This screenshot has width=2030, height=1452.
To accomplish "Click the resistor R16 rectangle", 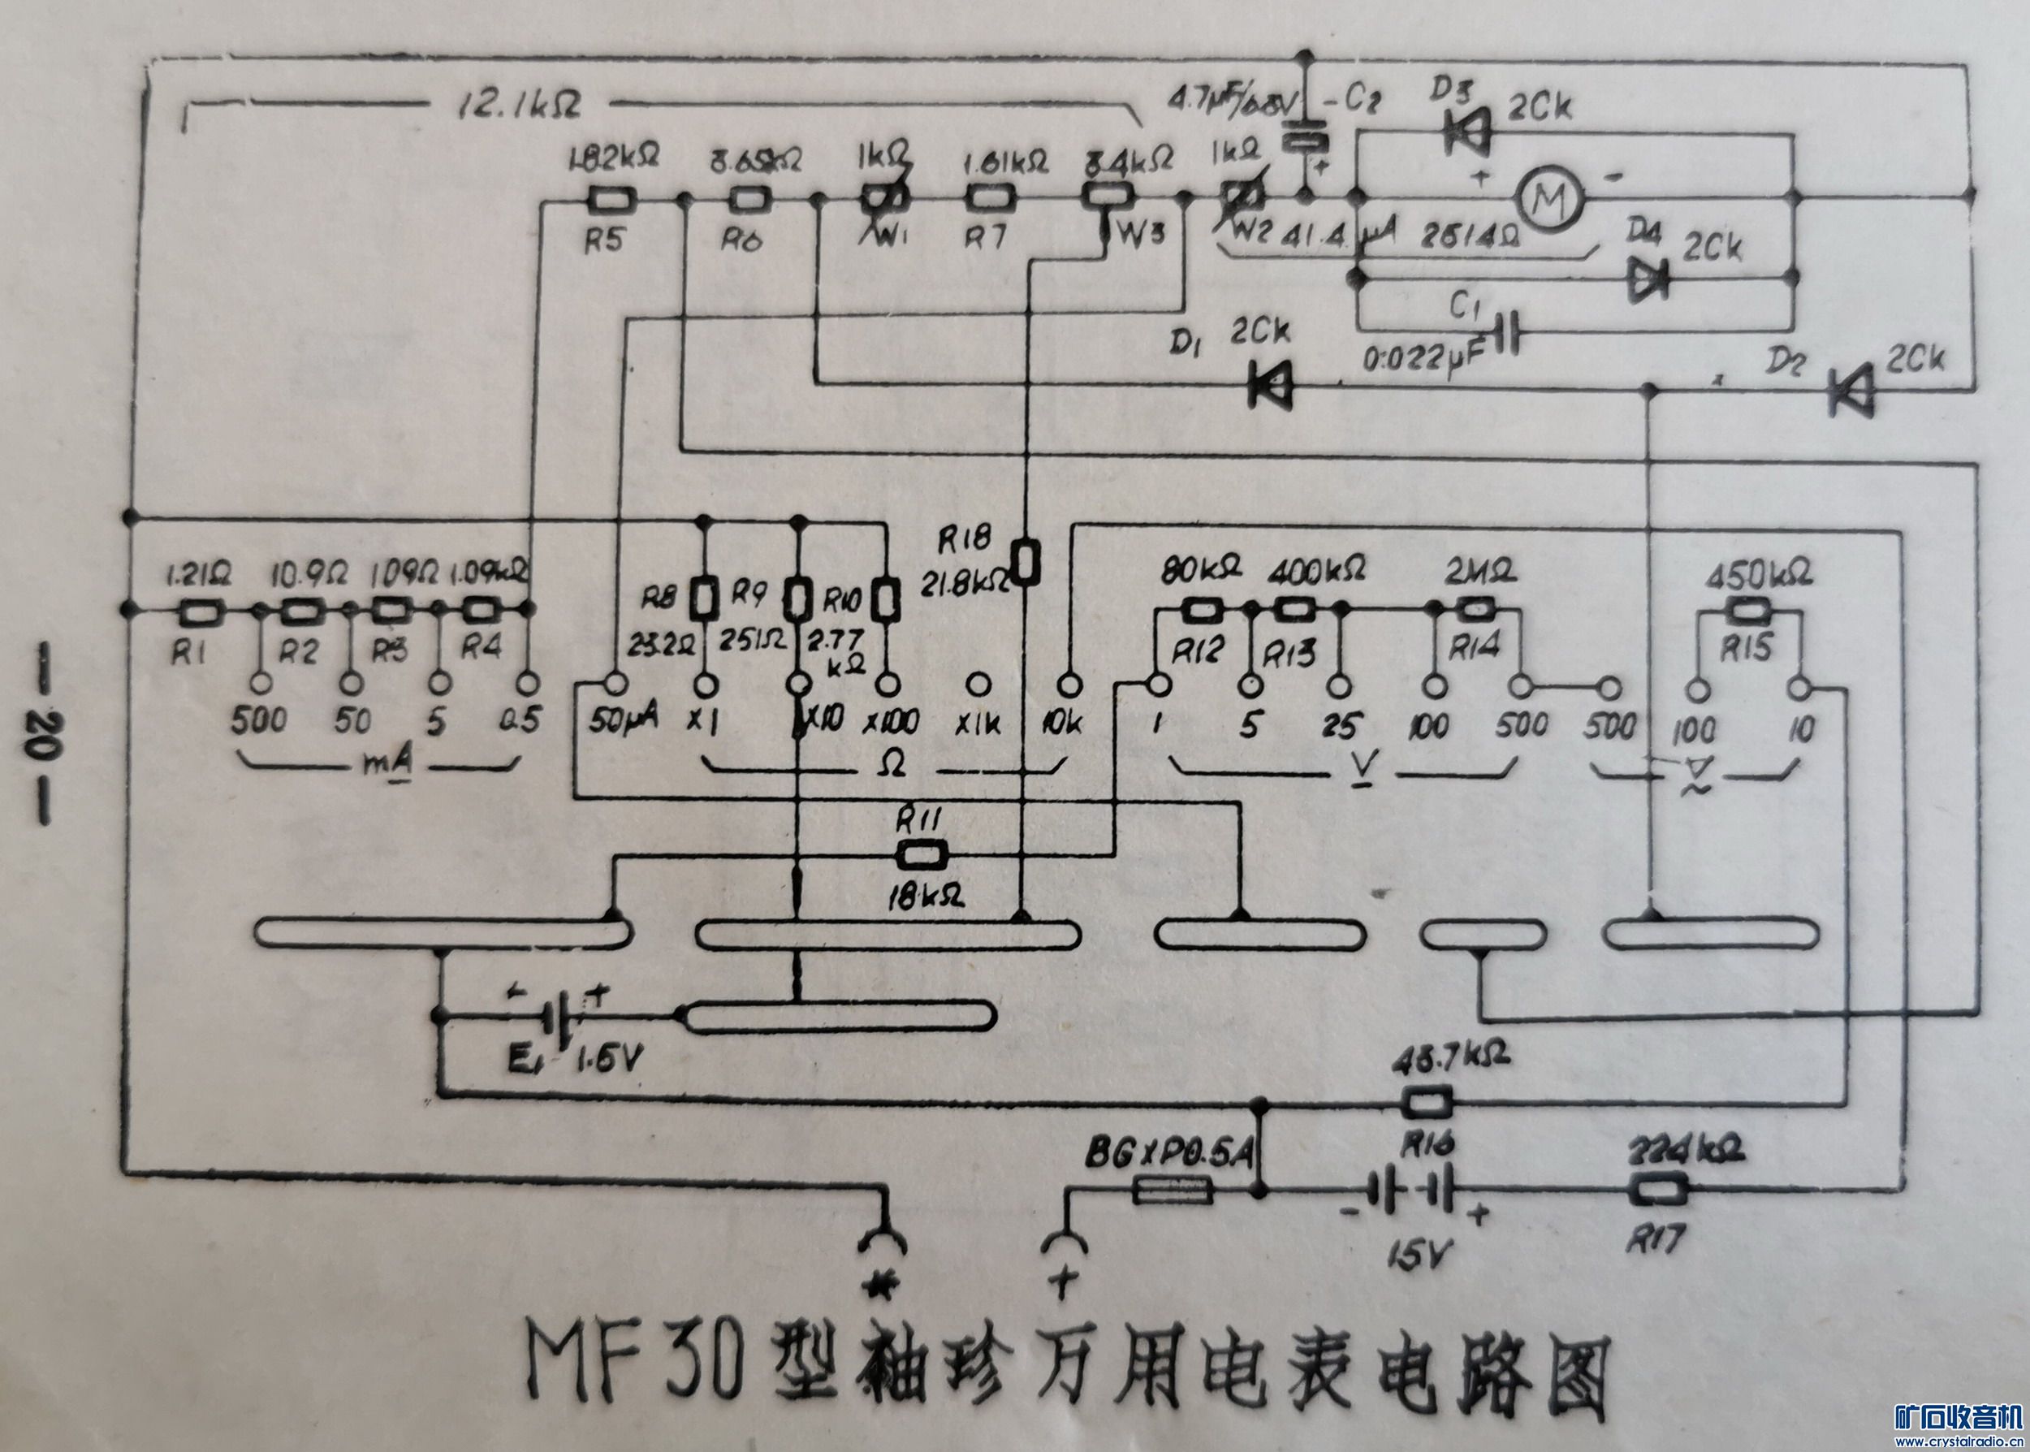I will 1426,1103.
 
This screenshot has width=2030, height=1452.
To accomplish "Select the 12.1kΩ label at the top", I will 518,106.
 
